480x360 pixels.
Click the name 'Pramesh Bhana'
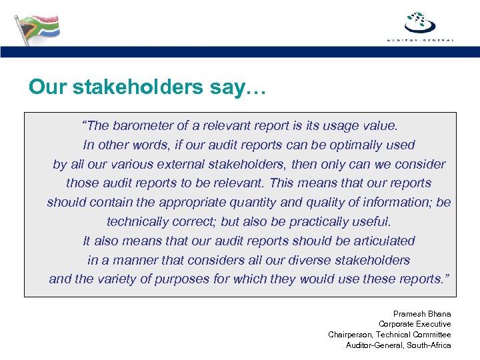point(422,314)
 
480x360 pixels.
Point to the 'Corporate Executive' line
point(415,324)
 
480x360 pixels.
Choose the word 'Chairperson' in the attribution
point(350,335)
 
